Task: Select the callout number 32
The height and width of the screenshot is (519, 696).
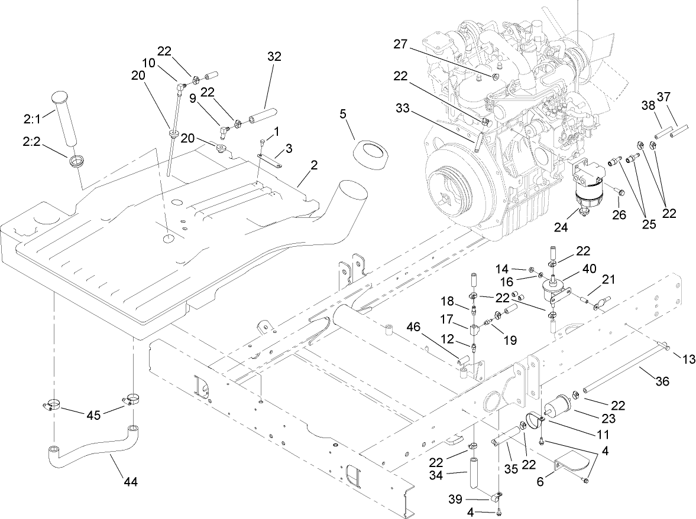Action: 274,57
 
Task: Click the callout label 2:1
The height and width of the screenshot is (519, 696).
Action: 32,119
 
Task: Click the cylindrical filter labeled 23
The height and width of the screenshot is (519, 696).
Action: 559,409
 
